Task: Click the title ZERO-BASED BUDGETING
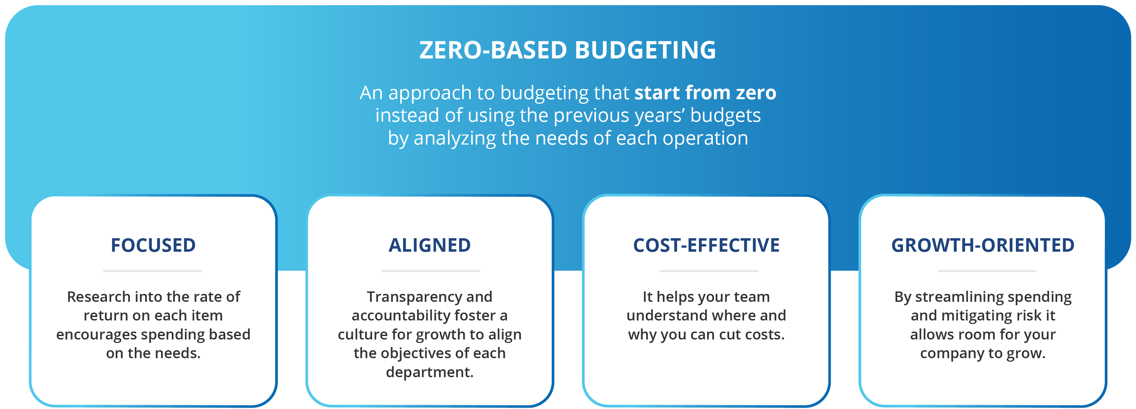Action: click(567, 50)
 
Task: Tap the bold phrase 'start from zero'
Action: click(705, 93)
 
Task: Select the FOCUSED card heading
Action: click(153, 245)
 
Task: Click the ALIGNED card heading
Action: click(429, 245)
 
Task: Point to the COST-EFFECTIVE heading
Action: click(707, 245)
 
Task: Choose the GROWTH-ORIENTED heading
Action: click(983, 245)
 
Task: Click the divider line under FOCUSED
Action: click(153, 271)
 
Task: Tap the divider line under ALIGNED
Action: click(430, 271)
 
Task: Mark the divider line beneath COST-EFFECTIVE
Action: click(709, 271)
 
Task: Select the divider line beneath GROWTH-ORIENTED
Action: click(987, 271)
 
